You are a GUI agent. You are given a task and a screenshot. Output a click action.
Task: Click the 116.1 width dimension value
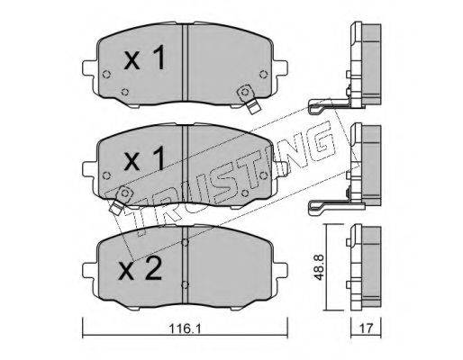tap(186, 328)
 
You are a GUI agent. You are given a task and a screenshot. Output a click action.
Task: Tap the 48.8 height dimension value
tap(318, 267)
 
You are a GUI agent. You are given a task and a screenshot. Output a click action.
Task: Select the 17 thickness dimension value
tap(366, 328)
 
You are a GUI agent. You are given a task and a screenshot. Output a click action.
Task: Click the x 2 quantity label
tap(140, 269)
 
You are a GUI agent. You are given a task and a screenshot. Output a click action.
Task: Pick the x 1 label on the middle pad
tap(144, 158)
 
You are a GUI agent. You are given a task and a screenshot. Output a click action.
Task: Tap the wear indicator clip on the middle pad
tap(121, 200)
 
